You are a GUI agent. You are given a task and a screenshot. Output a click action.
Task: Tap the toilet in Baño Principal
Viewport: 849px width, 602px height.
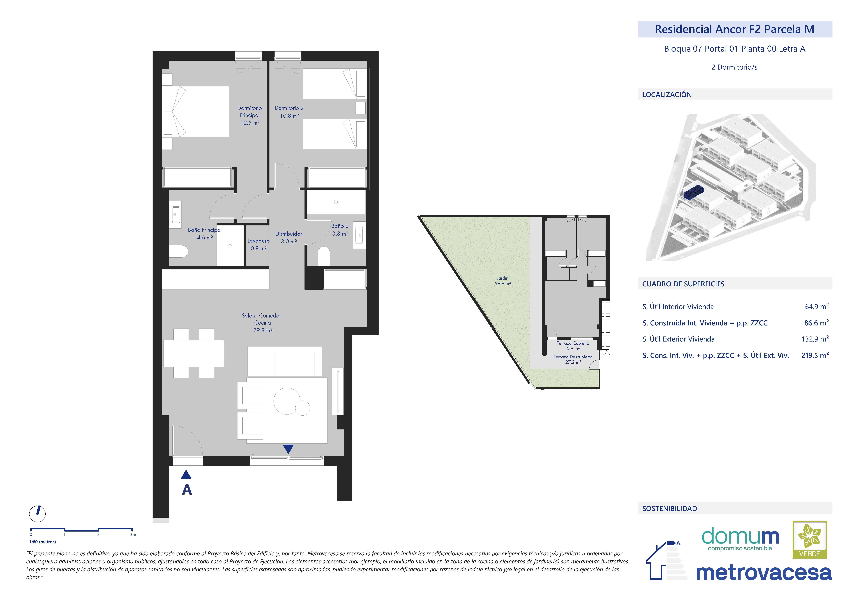coord(178,251)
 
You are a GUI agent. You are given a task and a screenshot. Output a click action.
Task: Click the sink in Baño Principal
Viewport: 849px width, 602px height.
coord(175,214)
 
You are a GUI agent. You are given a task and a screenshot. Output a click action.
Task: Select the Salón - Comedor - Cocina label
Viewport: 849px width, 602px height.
coord(263,319)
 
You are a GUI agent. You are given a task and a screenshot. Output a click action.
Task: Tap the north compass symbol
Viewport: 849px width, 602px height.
coord(38,514)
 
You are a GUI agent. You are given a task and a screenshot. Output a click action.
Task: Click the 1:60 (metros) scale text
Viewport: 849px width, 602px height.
coord(43,542)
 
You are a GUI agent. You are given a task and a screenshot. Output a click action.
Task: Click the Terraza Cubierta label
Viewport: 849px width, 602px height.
coord(573,343)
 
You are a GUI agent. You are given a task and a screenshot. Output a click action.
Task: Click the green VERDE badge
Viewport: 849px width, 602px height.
coord(810,540)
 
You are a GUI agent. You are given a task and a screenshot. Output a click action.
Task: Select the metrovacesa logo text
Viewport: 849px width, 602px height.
coord(764,573)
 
